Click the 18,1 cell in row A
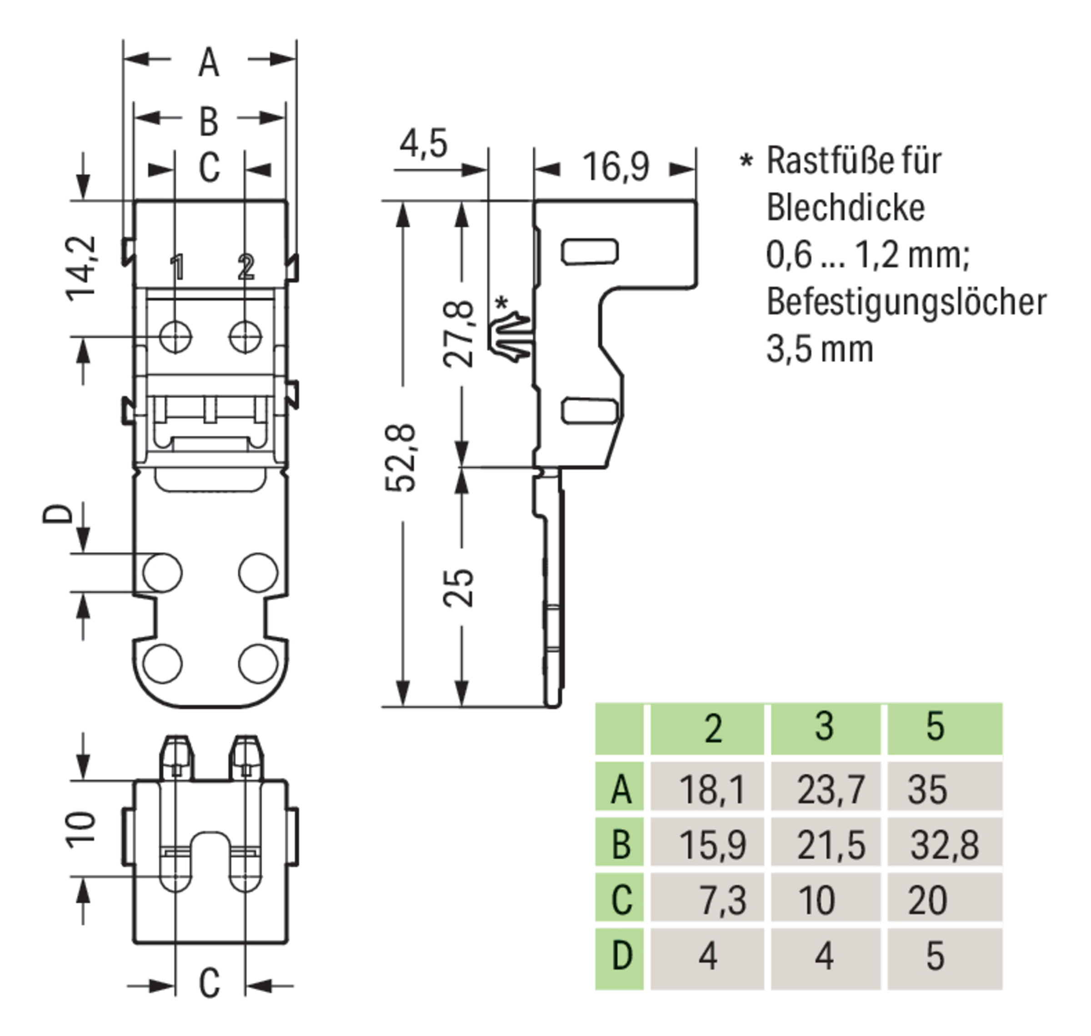(x=712, y=789)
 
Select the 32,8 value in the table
(x=944, y=845)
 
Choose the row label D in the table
(x=621, y=956)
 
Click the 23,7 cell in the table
(x=831, y=789)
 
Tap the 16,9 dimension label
(x=615, y=167)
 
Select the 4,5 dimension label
(x=424, y=144)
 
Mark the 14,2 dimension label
(x=82, y=269)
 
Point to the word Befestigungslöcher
(x=906, y=302)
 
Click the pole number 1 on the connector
(x=177, y=267)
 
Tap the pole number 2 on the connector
(x=245, y=267)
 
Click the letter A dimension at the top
(x=209, y=64)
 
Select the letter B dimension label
(x=209, y=121)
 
